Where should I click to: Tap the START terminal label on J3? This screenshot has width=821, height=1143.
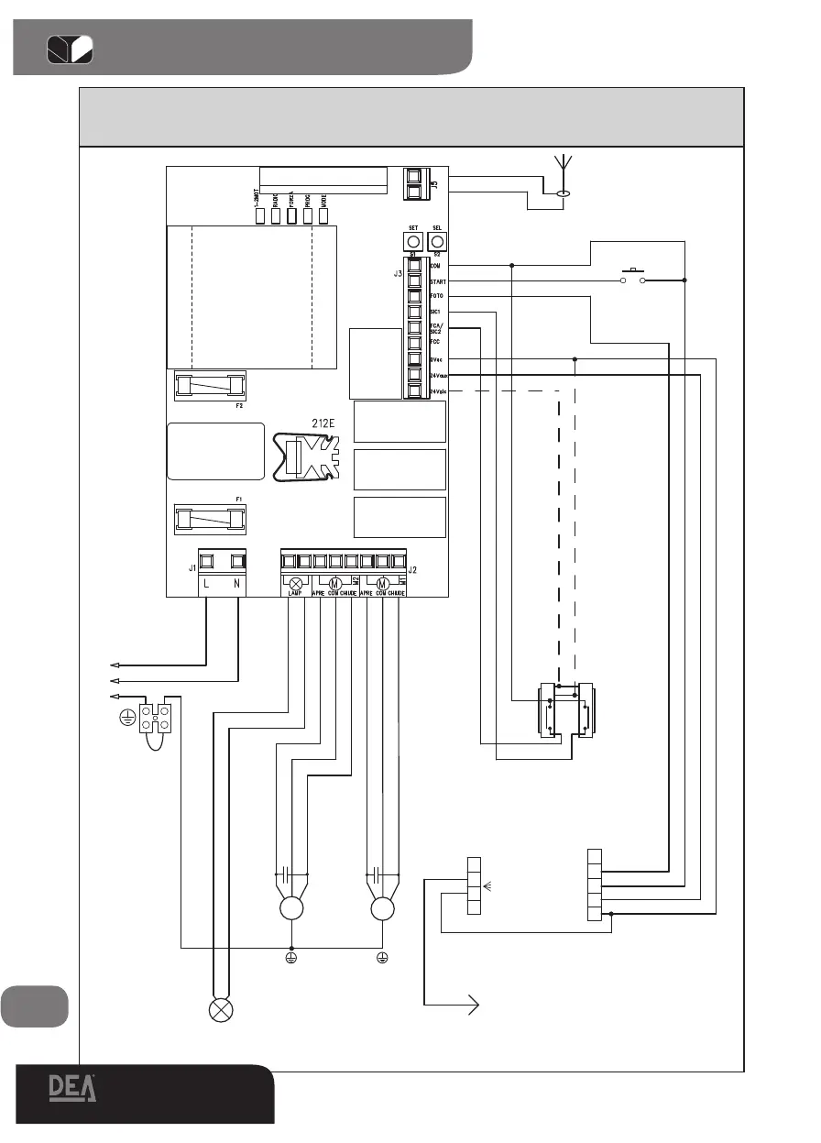click(x=439, y=281)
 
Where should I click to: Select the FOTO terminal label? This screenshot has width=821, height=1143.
click(x=438, y=297)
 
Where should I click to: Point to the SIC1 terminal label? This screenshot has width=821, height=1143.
click(x=436, y=312)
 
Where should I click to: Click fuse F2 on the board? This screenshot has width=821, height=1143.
click(x=210, y=385)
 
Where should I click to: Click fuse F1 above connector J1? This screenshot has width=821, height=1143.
click(x=210, y=519)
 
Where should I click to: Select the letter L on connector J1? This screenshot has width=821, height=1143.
click(x=206, y=584)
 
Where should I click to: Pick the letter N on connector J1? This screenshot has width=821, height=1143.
click(x=238, y=584)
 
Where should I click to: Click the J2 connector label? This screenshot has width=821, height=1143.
click(x=412, y=569)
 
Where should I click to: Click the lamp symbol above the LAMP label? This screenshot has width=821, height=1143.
click(x=296, y=584)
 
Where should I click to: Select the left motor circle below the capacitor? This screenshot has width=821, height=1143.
click(x=291, y=909)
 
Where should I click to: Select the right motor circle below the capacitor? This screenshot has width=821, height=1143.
click(x=383, y=909)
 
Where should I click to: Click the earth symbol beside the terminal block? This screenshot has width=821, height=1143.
click(x=127, y=718)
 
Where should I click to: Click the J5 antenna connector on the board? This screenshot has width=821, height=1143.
click(x=418, y=183)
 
